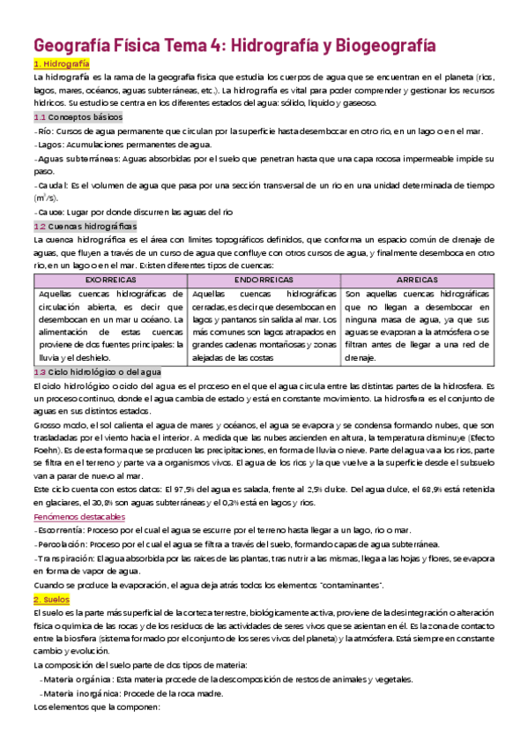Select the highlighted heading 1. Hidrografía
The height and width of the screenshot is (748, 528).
pyautogui.click(x=61, y=64)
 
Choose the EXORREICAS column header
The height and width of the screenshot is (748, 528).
pyautogui.click(x=110, y=278)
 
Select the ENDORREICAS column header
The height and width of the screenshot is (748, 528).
pyautogui.click(x=264, y=278)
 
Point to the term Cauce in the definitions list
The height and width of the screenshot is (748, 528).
pyautogui.click(x=50, y=212)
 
